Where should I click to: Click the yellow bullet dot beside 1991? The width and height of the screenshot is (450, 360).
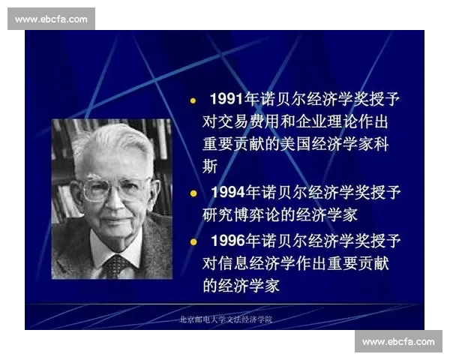pos(193,100)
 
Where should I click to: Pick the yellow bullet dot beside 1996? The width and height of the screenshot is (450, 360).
pos(193,241)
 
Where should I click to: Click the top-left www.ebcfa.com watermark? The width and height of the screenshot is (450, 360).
pos(51,19)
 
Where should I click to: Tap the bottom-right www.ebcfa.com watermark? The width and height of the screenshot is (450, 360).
pos(398,341)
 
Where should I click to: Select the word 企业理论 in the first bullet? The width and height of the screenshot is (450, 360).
pos(340,121)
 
